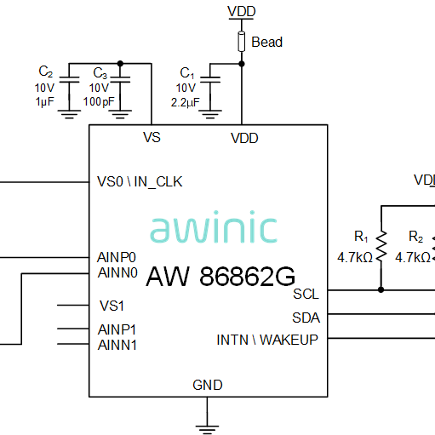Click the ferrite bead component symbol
tap(242, 42)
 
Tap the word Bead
tap(267, 42)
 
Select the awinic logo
tap(214, 227)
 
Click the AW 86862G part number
tap(220, 276)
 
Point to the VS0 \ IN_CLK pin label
tap(140, 181)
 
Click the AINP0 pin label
tap(117, 257)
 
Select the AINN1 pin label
tap(117, 345)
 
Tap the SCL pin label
tap(306, 294)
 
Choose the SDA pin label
tap(306, 318)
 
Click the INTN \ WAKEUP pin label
tap(267, 340)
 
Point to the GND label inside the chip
tap(208, 385)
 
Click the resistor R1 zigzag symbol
tap(381, 246)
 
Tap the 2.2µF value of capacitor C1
tap(186, 102)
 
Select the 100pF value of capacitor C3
tap(99, 101)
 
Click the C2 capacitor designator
tap(46, 72)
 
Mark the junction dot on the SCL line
tap(381, 289)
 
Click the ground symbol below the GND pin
tap(207, 429)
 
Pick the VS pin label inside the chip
tap(152, 137)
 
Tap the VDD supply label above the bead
tap(242, 12)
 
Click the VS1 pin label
tap(112, 306)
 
